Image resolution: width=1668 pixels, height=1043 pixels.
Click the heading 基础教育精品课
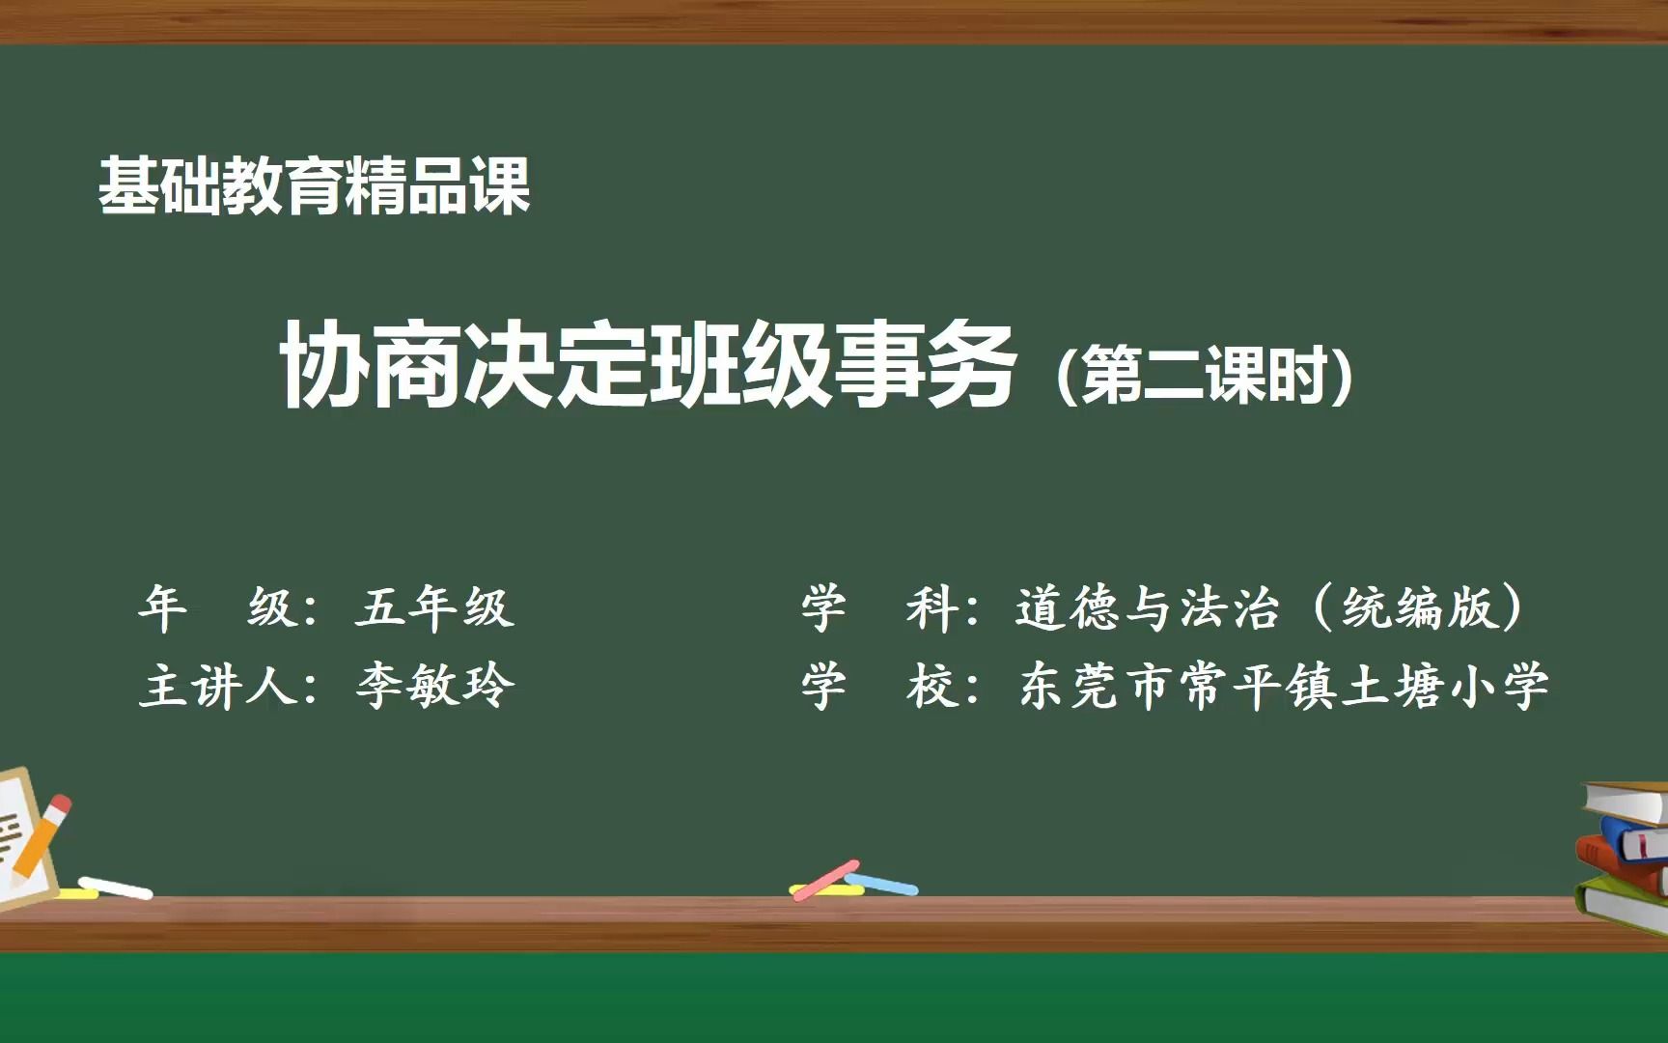(x=315, y=186)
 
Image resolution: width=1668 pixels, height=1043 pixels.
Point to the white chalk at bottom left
(x=116, y=888)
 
